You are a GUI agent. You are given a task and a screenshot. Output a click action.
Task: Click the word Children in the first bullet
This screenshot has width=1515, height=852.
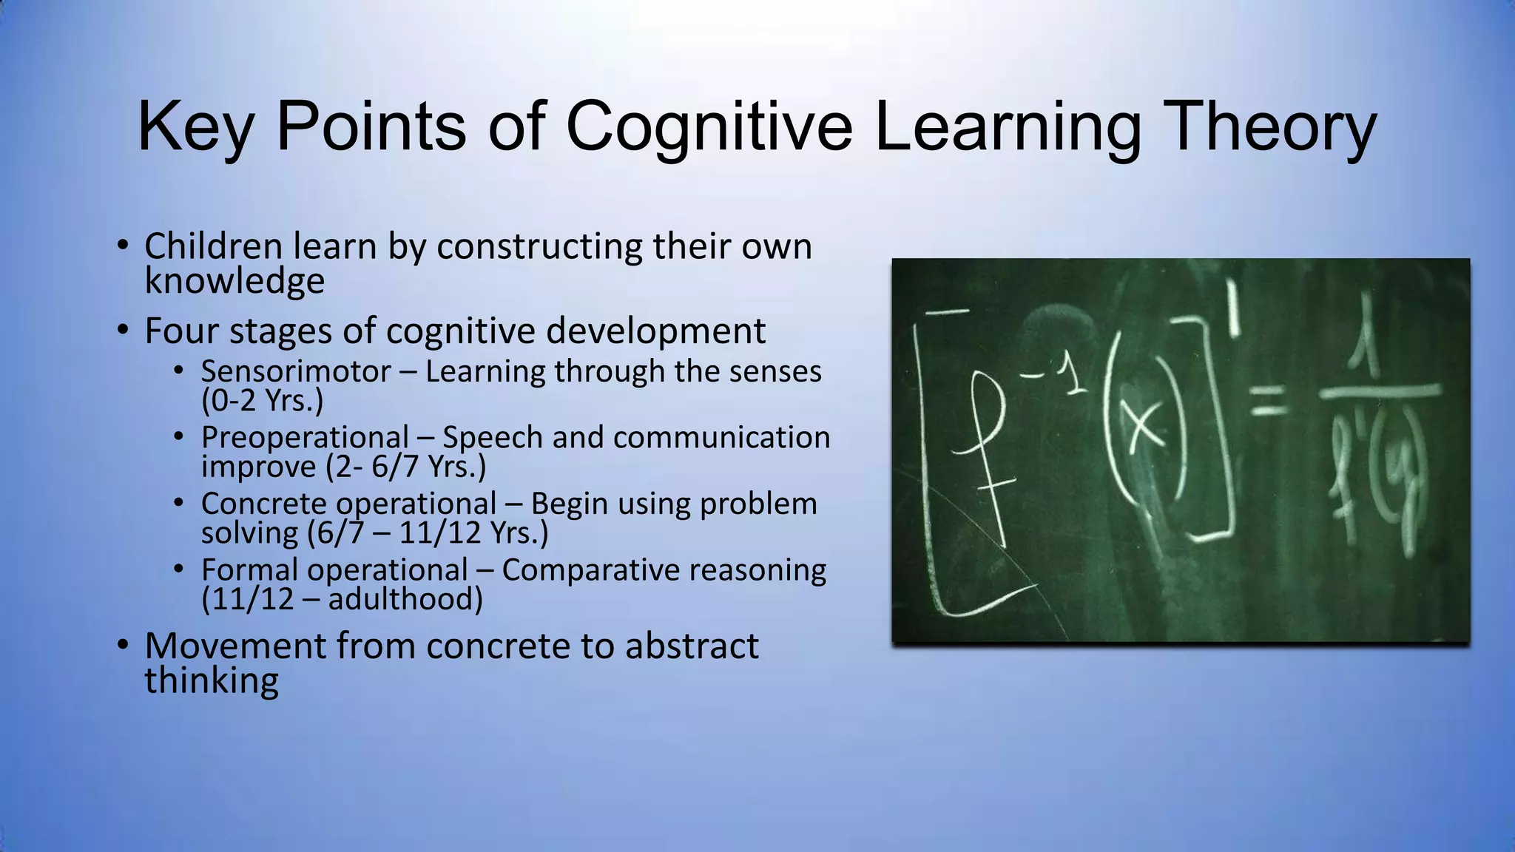point(214,246)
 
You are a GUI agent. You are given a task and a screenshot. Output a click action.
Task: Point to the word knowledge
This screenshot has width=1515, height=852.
point(234,282)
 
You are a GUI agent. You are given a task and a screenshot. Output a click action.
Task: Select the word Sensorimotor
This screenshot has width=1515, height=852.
point(296,371)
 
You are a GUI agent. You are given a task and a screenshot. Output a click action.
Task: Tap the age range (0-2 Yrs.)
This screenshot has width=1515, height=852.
point(263,401)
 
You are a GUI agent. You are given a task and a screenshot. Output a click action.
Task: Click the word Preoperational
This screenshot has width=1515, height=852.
point(305,438)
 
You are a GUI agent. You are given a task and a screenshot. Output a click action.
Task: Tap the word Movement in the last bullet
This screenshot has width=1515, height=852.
point(235,646)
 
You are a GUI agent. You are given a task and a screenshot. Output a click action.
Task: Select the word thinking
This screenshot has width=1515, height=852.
point(212,681)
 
